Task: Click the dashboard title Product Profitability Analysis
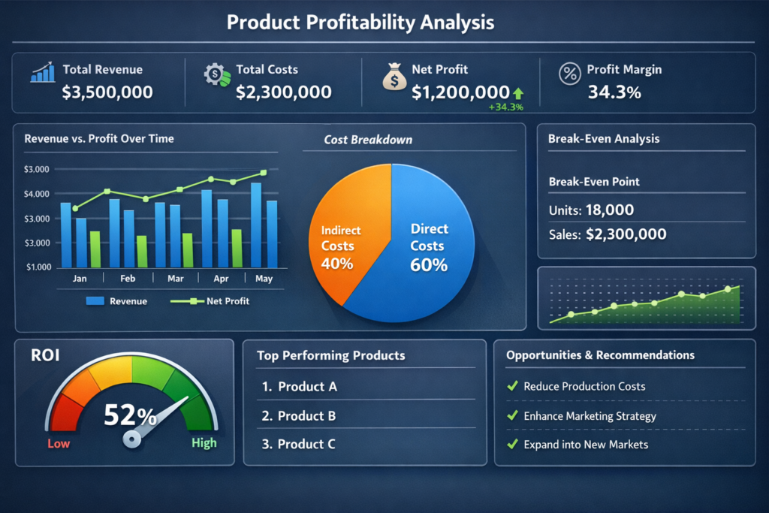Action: pyautogui.click(x=360, y=23)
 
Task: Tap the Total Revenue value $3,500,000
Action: pyautogui.click(x=107, y=92)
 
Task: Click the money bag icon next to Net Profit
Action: pyautogui.click(x=394, y=77)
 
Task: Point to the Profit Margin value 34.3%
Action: pyautogui.click(x=614, y=92)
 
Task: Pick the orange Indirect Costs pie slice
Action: pyautogui.click(x=345, y=233)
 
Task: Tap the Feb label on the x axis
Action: pyautogui.click(x=128, y=278)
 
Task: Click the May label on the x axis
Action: pyautogui.click(x=264, y=278)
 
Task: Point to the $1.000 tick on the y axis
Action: pyautogui.click(x=38, y=267)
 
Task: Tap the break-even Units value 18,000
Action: pyautogui.click(x=609, y=210)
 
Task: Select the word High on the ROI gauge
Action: pyautogui.click(x=204, y=443)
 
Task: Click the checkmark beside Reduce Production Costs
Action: pyautogui.click(x=513, y=386)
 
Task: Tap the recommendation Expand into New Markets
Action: pyautogui.click(x=586, y=444)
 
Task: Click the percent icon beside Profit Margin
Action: pyautogui.click(x=570, y=74)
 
